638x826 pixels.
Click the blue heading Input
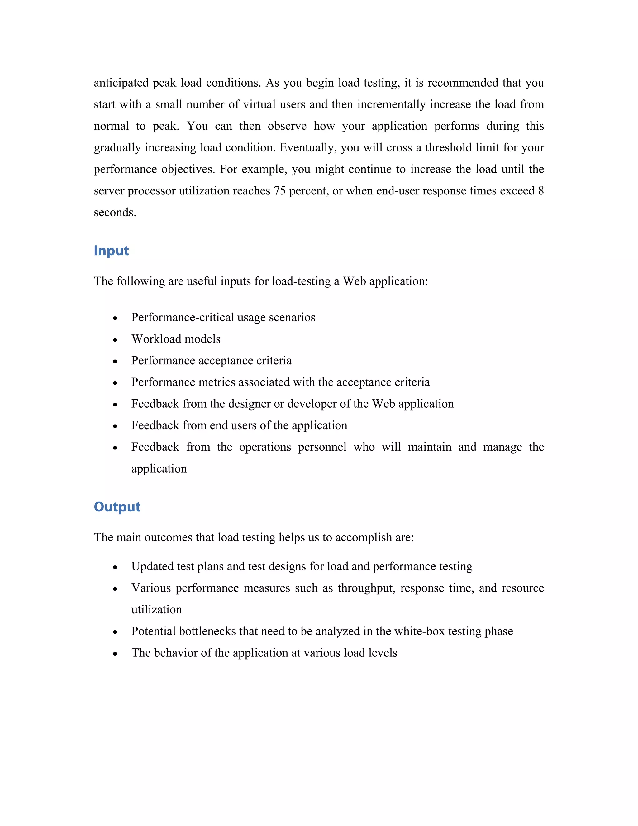pyautogui.click(x=111, y=251)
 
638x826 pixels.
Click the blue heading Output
pyautogui.click(x=117, y=507)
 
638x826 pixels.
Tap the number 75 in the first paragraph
pyautogui.click(x=279, y=191)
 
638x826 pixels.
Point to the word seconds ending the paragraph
pyautogui.click(x=115, y=213)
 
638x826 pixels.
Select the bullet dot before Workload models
pyautogui.click(x=115, y=340)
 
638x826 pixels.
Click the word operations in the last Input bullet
pyautogui.click(x=265, y=447)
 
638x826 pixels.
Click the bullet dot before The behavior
pyautogui.click(x=115, y=654)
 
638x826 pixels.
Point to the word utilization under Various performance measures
pyautogui.click(x=156, y=610)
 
